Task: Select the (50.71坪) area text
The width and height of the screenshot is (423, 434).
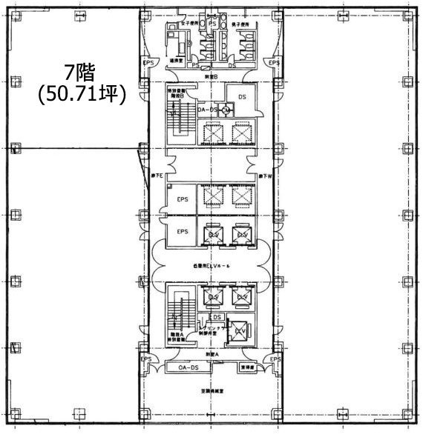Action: [x=82, y=94]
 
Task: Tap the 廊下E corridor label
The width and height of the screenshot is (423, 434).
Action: [x=158, y=176]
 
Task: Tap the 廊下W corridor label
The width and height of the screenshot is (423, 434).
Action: [x=266, y=176]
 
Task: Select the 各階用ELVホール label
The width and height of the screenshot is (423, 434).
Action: [x=211, y=264]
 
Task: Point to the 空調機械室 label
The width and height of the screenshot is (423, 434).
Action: [x=212, y=390]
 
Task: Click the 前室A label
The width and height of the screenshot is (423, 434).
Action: [x=212, y=355]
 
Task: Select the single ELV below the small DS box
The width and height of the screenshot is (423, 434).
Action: [x=240, y=331]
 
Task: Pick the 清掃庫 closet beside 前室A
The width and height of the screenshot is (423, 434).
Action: [x=247, y=366]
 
